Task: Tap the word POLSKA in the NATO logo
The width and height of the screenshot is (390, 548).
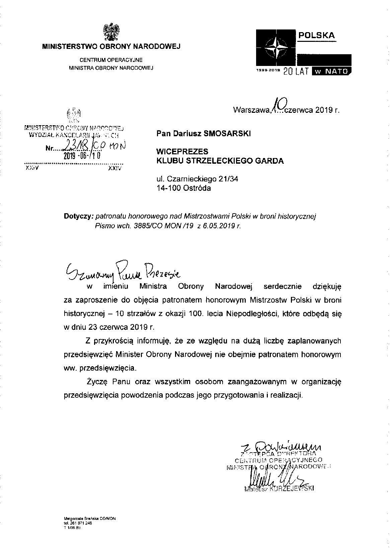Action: [316, 35]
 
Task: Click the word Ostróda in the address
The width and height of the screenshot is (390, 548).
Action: [198, 188]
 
